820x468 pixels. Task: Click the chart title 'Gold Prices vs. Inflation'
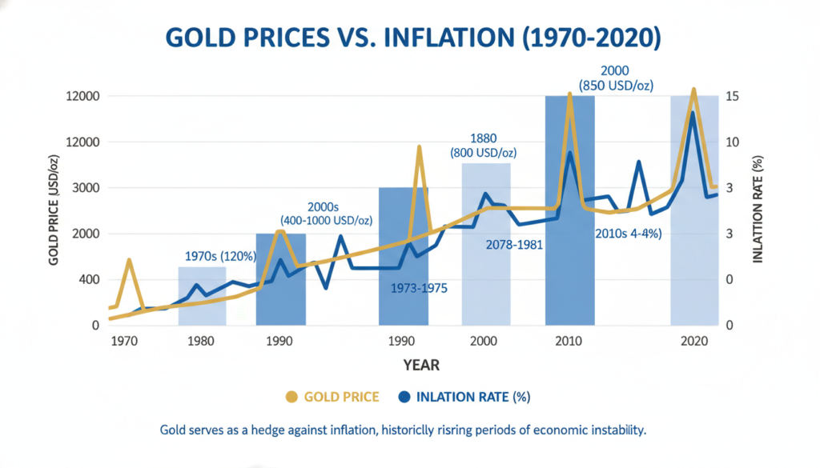(x=410, y=38)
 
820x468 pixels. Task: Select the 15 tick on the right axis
(x=730, y=97)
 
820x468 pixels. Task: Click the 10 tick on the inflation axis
(x=730, y=142)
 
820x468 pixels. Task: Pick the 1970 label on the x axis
(x=123, y=341)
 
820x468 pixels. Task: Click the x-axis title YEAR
(x=420, y=365)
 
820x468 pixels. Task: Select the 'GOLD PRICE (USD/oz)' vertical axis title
(x=54, y=212)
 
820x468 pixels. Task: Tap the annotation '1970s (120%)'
(x=220, y=257)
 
